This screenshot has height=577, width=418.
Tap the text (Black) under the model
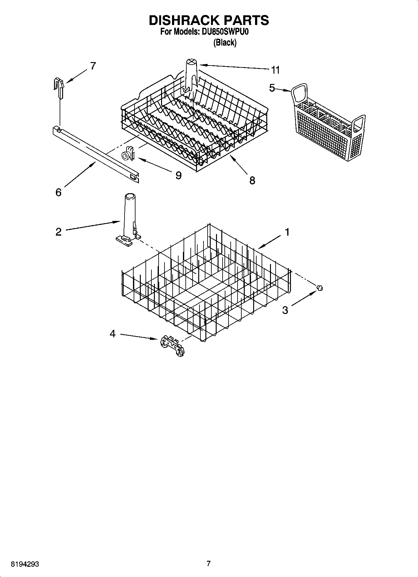point(225,42)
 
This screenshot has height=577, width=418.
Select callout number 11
point(275,70)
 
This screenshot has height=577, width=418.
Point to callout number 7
point(93,66)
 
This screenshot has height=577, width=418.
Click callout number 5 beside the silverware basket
point(272,88)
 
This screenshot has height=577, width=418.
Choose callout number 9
point(178,175)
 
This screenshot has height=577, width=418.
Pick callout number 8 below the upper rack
point(252,180)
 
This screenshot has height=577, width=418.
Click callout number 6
point(58,192)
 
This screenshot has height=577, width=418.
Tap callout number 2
point(58,232)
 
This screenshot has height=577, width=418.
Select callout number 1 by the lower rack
point(287,232)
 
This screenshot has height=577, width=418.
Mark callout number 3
point(285,310)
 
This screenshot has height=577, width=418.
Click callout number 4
point(113,334)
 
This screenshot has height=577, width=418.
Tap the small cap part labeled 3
point(319,288)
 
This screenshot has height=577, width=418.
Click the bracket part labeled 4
point(172,346)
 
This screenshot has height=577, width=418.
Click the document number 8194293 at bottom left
point(25,564)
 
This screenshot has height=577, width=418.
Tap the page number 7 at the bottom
point(209,564)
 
